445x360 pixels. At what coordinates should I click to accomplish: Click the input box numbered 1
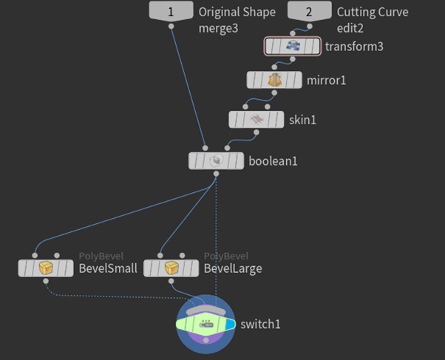[171, 12]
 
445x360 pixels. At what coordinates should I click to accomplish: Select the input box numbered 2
[309, 12]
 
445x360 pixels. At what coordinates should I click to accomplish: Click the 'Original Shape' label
[237, 13]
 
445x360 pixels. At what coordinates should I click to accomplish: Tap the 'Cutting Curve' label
[372, 13]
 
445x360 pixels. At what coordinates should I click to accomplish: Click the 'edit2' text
[352, 28]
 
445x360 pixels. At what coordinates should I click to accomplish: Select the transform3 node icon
[293, 47]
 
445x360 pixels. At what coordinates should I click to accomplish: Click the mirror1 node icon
[275, 80]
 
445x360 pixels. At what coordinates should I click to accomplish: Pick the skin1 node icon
[257, 119]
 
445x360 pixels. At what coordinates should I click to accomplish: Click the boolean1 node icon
[216, 160]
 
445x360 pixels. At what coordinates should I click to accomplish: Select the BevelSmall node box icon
[46, 268]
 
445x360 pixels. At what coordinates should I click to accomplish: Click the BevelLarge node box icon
[171, 268]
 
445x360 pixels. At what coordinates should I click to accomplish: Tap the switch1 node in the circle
[206, 325]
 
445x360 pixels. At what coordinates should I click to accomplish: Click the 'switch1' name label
[261, 325]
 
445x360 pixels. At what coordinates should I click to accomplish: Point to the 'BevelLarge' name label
[233, 268]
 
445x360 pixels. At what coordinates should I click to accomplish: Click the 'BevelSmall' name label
[108, 268]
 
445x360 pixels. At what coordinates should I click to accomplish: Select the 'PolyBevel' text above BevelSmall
[101, 256]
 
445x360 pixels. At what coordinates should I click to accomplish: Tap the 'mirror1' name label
[326, 80]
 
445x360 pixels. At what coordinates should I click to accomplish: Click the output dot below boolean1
[216, 174]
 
